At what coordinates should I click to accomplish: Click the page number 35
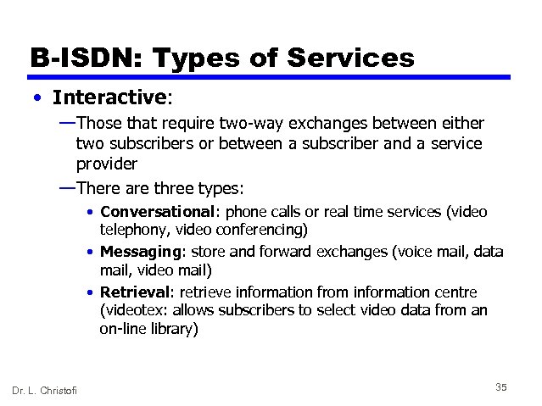tap(500, 387)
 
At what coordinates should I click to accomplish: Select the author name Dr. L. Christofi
tap(44, 389)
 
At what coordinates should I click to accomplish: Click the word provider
tap(107, 163)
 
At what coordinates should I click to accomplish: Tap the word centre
tap(455, 292)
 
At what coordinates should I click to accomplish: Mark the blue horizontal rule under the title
tap(271, 77)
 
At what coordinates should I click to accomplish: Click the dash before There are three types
tap(66, 185)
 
